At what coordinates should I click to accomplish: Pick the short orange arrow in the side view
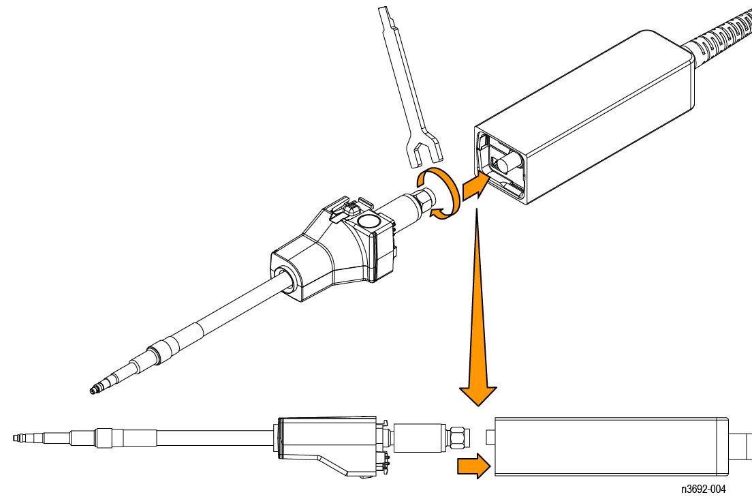[473, 466]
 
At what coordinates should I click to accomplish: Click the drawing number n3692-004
[703, 489]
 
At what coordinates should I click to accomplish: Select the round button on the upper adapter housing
[369, 222]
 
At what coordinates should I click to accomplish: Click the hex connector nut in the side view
[458, 438]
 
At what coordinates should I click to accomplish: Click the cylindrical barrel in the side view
[420, 438]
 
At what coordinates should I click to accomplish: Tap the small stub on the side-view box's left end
[490, 437]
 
